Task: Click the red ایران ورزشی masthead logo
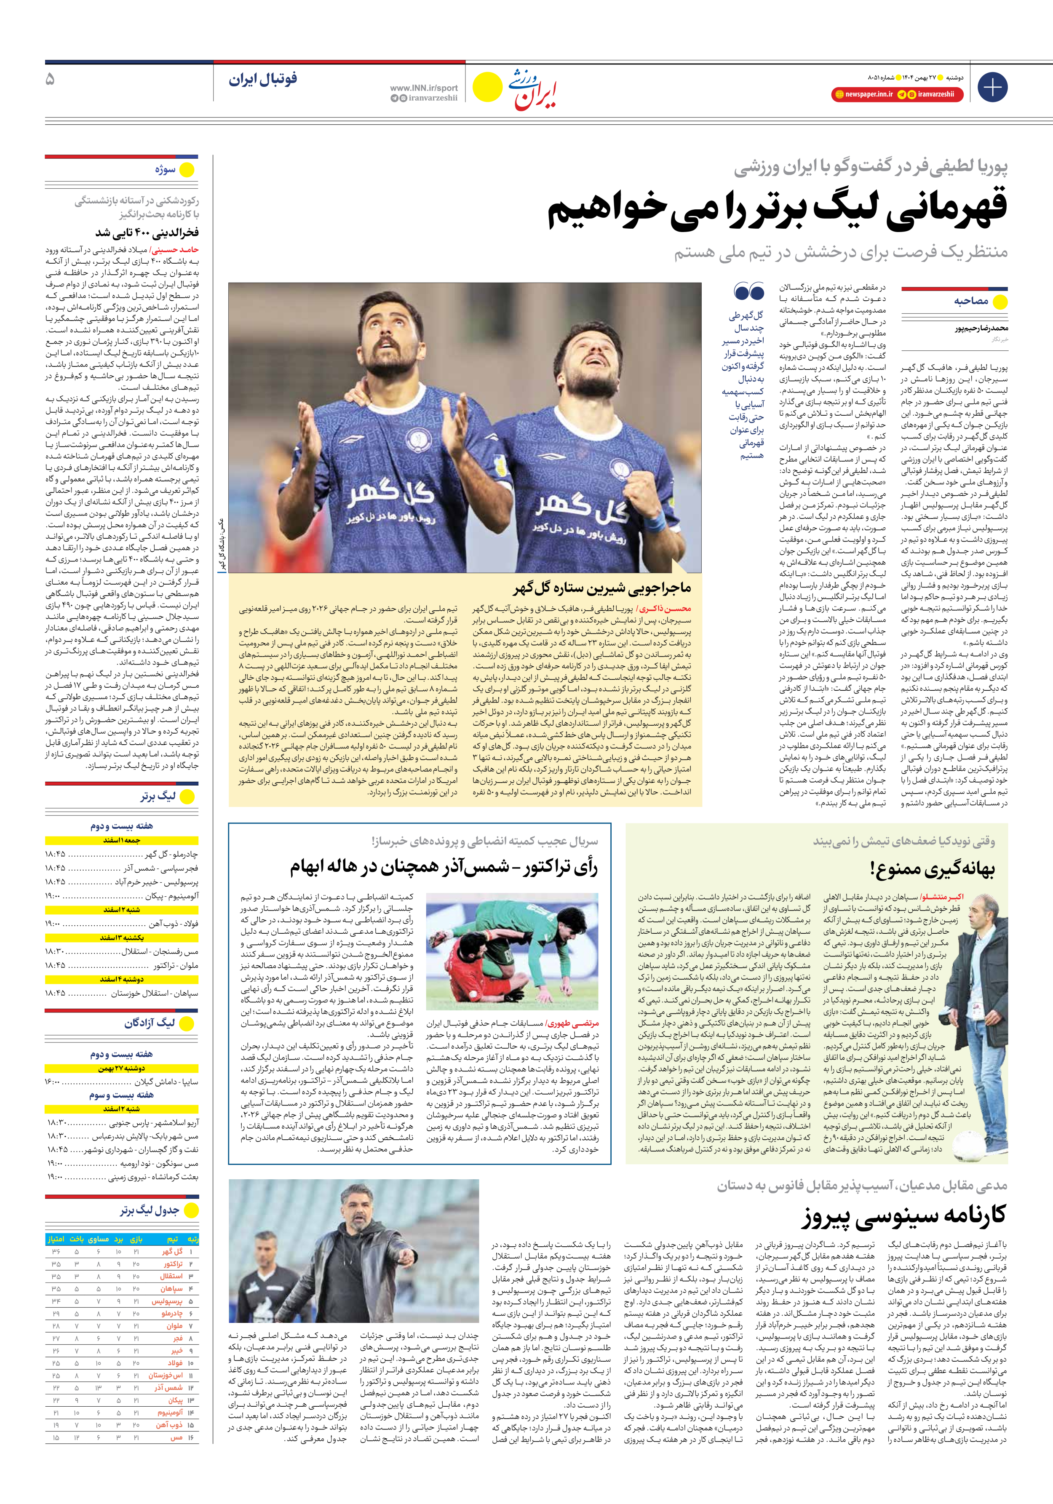(532, 88)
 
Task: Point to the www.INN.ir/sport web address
(423, 88)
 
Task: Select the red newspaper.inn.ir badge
(863, 94)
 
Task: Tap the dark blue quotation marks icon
(749, 291)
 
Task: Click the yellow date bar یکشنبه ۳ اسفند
(121, 938)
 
